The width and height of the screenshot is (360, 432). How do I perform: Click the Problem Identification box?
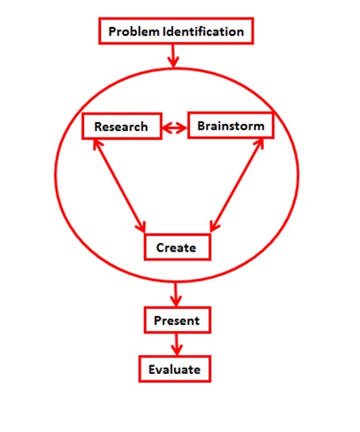click(x=176, y=31)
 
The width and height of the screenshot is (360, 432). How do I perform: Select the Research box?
click(x=122, y=126)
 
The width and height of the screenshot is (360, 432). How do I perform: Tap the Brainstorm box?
click(x=230, y=125)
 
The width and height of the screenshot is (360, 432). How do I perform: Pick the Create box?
click(x=177, y=247)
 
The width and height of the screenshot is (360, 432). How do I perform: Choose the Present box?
click(x=177, y=320)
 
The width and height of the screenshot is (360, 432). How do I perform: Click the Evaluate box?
click(x=175, y=369)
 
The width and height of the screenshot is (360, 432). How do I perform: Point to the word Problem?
click(x=134, y=32)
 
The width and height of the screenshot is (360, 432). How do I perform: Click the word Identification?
click(x=203, y=32)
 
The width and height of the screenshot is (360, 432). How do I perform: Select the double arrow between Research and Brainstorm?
click(x=175, y=128)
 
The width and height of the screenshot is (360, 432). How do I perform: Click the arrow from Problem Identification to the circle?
click(x=173, y=56)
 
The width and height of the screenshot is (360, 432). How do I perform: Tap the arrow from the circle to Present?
click(x=176, y=295)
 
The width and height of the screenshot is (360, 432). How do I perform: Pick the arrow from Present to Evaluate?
click(x=176, y=345)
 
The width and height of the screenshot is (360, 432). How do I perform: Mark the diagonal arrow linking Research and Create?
click(x=119, y=186)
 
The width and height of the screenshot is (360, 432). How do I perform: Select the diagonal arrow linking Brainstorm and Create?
click(x=237, y=185)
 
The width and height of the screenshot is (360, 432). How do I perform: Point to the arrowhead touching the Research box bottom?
click(x=97, y=144)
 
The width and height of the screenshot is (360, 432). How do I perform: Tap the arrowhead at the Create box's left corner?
click(x=141, y=227)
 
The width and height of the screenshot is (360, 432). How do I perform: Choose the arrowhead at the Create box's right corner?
click(x=215, y=226)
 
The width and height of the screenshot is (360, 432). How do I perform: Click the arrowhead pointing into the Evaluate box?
click(x=176, y=350)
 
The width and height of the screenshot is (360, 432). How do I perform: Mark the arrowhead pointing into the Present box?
click(x=176, y=301)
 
